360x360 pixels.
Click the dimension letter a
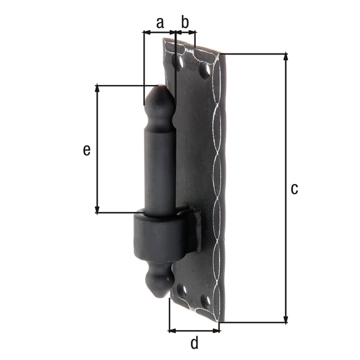click(x=160, y=23)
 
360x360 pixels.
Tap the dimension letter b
click(x=185, y=23)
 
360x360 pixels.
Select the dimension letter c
click(x=294, y=188)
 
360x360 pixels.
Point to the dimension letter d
click(x=194, y=343)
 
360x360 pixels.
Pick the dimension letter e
click(x=86, y=149)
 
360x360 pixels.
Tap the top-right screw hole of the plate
click(x=205, y=71)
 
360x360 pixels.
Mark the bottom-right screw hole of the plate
click(x=206, y=301)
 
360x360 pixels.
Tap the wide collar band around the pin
click(x=162, y=238)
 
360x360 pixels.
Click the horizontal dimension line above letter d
click(x=194, y=330)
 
